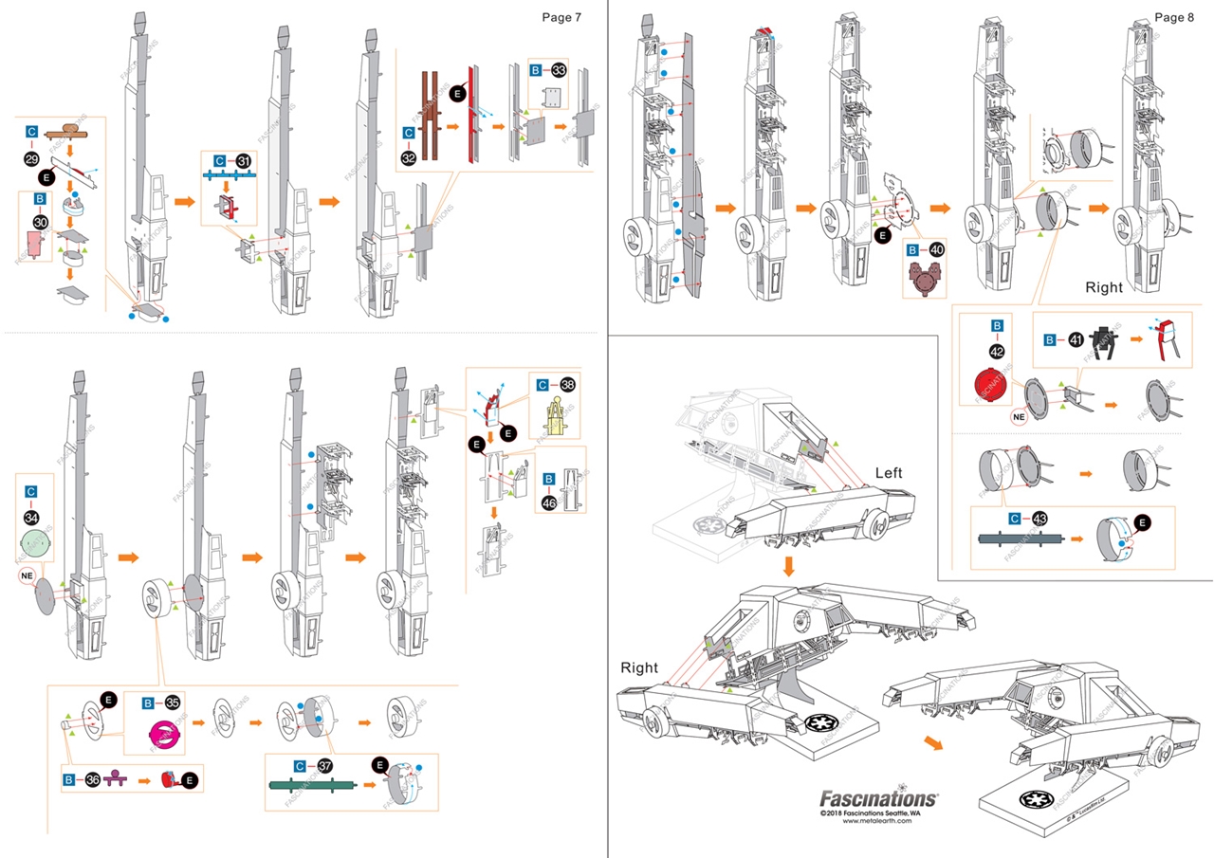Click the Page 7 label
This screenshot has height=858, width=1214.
click(x=561, y=17)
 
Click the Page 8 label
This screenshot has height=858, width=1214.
click(x=1175, y=17)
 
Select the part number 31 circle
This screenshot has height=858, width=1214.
click(x=245, y=161)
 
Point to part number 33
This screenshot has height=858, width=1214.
click(x=560, y=70)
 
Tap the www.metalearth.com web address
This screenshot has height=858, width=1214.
click(x=878, y=822)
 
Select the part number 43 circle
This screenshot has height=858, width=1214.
click(x=1040, y=519)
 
